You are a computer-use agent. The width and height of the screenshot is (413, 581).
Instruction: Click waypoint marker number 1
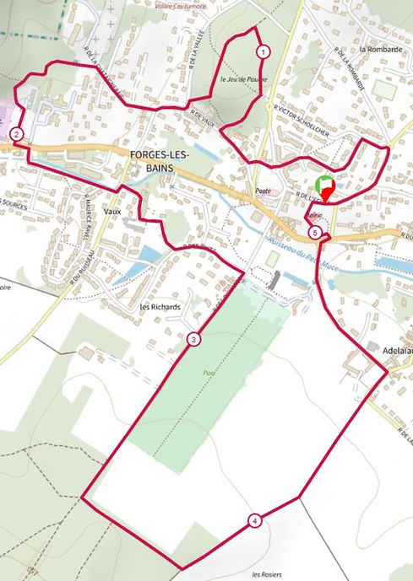[264, 51]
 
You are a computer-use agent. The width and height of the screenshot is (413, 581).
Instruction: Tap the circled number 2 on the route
[16, 133]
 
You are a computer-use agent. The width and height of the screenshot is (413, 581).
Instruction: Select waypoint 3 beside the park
[194, 340]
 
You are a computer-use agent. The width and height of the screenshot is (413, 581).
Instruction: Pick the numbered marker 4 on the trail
[254, 520]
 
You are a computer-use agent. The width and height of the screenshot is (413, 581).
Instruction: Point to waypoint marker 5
[314, 232]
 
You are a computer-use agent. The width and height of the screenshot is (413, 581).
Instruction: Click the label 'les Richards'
[160, 307]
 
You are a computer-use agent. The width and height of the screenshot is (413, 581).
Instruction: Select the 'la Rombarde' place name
[377, 49]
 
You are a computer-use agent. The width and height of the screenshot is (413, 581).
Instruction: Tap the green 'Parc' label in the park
[209, 372]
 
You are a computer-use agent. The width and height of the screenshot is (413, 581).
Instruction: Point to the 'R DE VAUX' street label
[204, 118]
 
